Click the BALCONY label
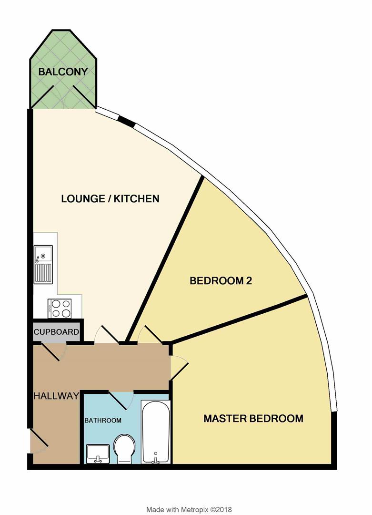coord(63,72)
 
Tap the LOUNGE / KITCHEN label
coord(110,199)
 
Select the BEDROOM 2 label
coord(221,281)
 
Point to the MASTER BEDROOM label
coord(253,419)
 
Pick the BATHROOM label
coord(103,421)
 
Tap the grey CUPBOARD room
coord(56,331)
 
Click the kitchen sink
coord(43,264)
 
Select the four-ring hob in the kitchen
coord(60,308)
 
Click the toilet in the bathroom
coord(125,448)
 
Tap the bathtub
coord(155,432)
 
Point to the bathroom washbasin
coord(98,453)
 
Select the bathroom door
coord(119,400)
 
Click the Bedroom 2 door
coord(149,335)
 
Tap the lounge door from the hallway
coord(107,335)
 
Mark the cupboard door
coord(53,352)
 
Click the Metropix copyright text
coord(189,496)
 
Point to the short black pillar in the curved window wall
coord(127,122)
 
